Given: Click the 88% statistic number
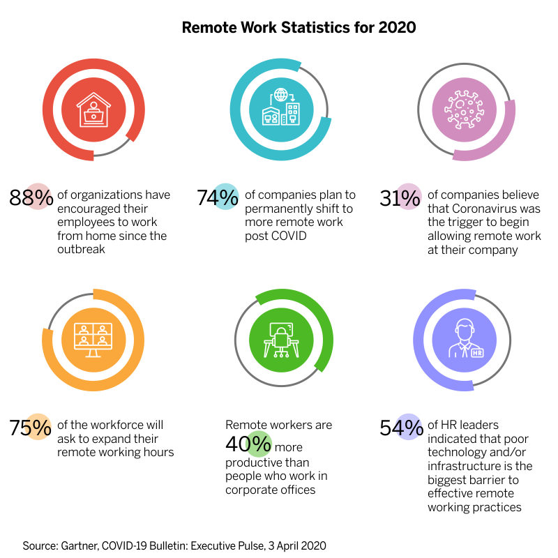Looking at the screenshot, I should click(31, 198).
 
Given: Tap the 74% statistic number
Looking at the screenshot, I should click(218, 198).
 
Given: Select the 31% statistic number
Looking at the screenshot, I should click(400, 198).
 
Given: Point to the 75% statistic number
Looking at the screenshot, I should click(31, 427).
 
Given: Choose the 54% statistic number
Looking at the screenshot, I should click(400, 427).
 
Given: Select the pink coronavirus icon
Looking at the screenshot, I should click(465, 110).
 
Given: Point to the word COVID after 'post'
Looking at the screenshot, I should click(271, 236).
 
